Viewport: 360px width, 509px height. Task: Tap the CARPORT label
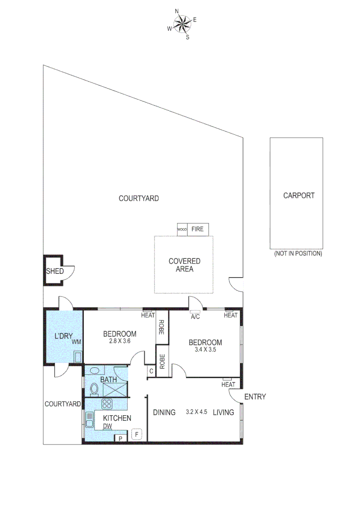point(298,196)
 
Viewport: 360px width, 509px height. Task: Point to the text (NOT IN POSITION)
point(298,254)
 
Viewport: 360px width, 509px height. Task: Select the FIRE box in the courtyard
point(198,229)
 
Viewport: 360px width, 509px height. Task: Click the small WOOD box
point(182,230)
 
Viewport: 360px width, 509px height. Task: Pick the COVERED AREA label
point(184,265)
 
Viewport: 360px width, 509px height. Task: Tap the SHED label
point(55,271)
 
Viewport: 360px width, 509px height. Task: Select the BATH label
point(108,379)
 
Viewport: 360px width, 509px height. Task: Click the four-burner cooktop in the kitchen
point(106,404)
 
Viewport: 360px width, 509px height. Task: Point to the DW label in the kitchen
point(108,426)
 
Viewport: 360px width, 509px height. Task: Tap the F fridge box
point(137,434)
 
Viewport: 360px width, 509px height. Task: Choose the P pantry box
point(120,438)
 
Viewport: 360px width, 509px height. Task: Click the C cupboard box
point(151,371)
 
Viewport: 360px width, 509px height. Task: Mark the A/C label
point(195,317)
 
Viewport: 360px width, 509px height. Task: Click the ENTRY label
point(255,397)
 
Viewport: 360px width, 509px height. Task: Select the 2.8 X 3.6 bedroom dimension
point(120,342)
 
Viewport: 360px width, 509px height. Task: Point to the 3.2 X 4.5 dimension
point(196,412)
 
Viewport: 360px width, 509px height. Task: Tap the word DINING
point(164,412)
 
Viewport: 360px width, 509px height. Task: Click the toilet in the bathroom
point(94,389)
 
